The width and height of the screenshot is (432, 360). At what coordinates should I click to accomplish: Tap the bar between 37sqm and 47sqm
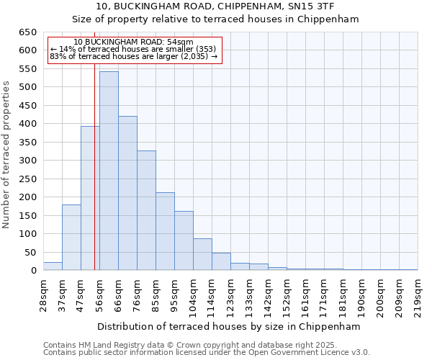pyautogui.click(x=71, y=237)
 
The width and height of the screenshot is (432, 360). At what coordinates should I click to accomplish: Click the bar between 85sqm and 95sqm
pyautogui.click(x=165, y=231)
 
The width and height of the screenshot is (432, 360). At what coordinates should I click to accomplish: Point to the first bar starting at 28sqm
pyautogui.click(x=53, y=266)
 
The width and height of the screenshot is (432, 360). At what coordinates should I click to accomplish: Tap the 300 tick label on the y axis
pyautogui.click(x=27, y=161)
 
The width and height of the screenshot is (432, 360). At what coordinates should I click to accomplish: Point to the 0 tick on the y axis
pyautogui.click(x=33, y=271)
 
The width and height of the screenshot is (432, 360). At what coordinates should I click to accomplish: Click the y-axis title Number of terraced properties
pyautogui.click(x=6, y=154)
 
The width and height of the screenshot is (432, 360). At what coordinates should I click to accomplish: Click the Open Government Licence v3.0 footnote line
pyautogui.click(x=207, y=352)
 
